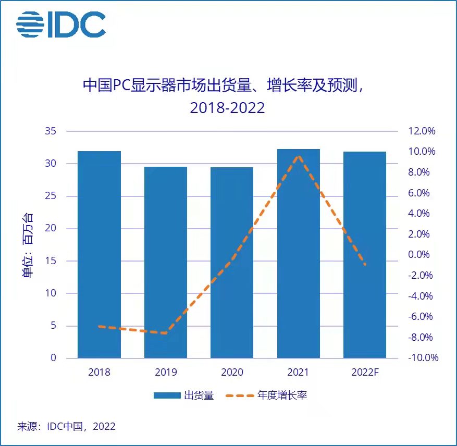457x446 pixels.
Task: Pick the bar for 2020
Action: click(232, 263)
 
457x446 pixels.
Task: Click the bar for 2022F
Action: click(365, 255)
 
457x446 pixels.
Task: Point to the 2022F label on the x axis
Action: click(365, 373)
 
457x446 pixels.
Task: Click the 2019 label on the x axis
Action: click(166, 373)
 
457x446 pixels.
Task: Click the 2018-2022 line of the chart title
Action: click(227, 108)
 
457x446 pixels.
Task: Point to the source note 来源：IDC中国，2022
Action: click(66, 426)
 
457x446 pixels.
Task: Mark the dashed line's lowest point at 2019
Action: click(166, 333)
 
